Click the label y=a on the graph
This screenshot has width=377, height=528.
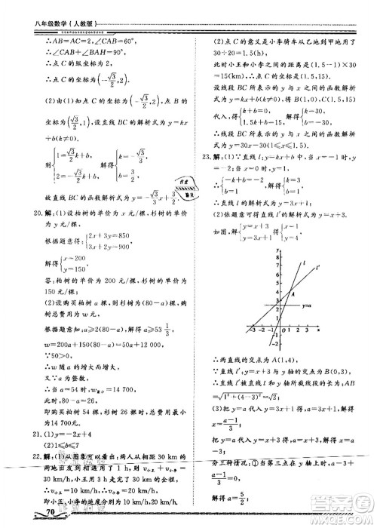coord(306,305)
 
